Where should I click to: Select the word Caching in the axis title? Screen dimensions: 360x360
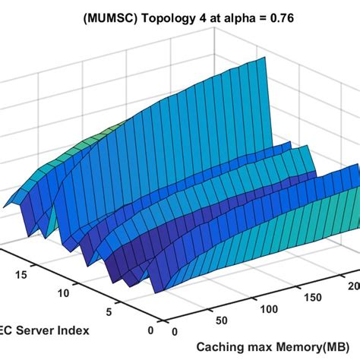click(222, 346)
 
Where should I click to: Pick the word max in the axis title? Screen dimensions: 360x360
click(261, 346)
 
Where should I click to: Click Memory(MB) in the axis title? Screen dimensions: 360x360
click(311, 346)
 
